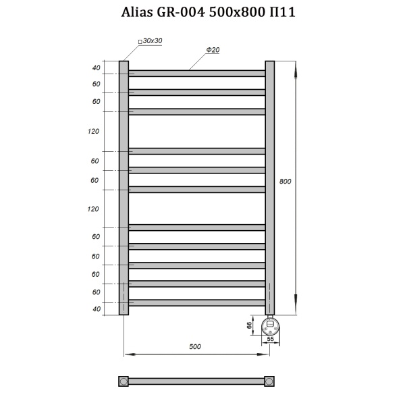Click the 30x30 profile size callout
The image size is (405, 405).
pos(151,42)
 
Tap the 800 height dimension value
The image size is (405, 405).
pos(286,181)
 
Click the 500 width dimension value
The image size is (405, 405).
pos(195,346)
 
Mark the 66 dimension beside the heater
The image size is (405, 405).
pos(249,325)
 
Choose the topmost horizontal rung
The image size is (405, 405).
pos(197,73)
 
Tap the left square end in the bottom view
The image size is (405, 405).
pos(124,381)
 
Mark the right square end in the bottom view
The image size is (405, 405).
pos(270,381)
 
